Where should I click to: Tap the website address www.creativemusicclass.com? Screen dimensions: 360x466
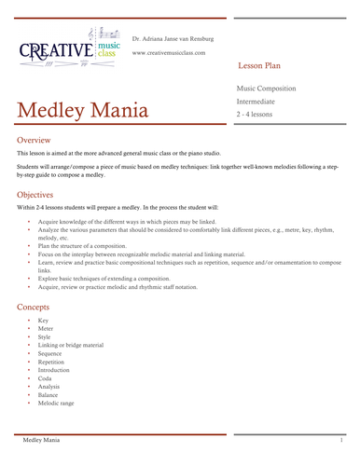pyautogui.click(x=175, y=53)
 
